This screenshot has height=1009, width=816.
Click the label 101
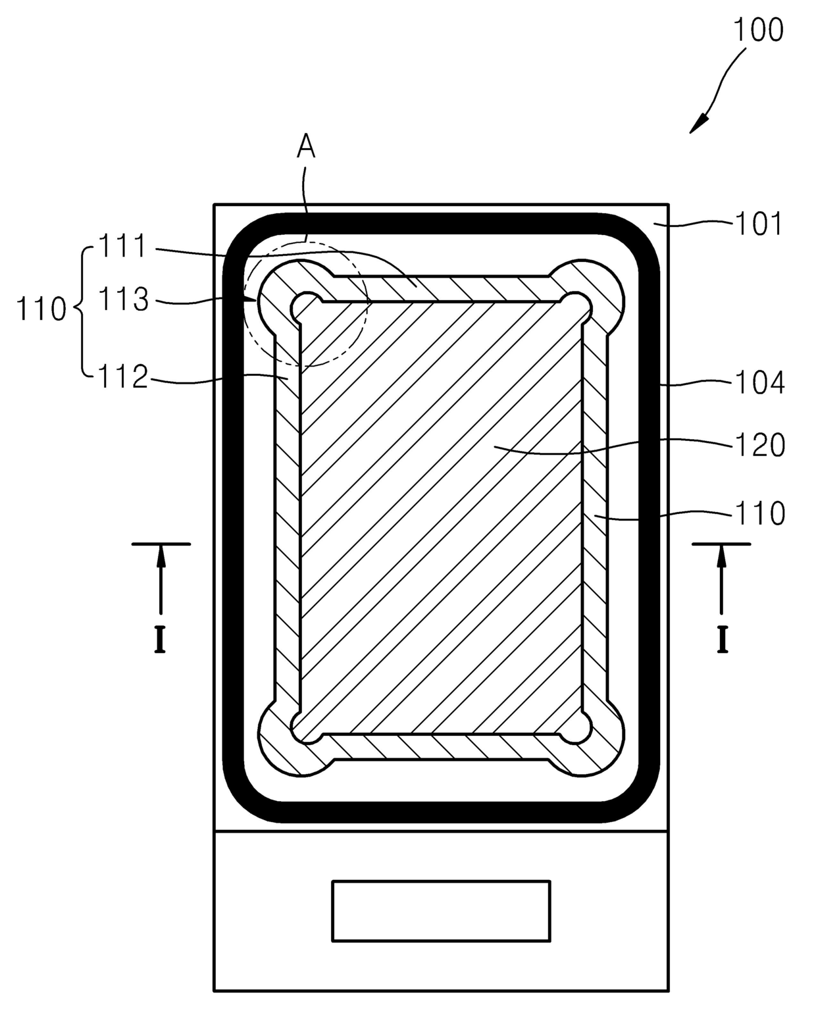[759, 224]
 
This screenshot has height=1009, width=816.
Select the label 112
[123, 376]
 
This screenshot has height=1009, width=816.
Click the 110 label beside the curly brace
[41, 309]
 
